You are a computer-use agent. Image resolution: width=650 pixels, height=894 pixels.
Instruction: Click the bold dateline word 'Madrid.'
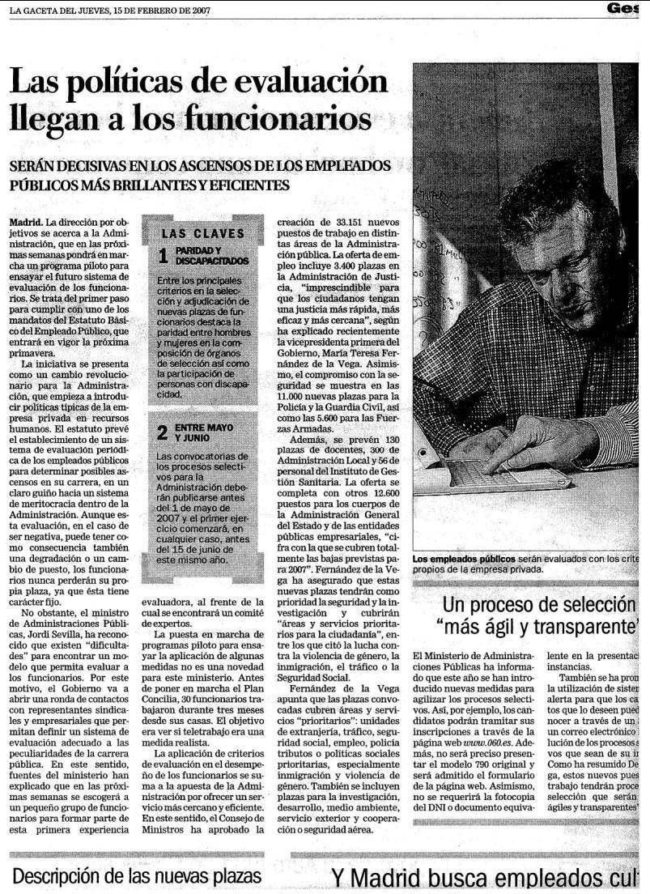point(26,221)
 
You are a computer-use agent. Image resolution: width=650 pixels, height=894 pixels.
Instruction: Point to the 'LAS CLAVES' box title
point(202,234)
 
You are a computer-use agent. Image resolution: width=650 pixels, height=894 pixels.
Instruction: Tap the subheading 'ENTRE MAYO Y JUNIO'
point(204,432)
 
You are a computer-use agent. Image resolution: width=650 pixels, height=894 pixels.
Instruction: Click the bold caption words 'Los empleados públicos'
point(463,559)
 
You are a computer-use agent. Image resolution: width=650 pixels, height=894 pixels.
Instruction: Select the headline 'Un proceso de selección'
point(538,604)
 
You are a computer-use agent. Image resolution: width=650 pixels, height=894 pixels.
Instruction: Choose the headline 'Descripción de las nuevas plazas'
point(137,876)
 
